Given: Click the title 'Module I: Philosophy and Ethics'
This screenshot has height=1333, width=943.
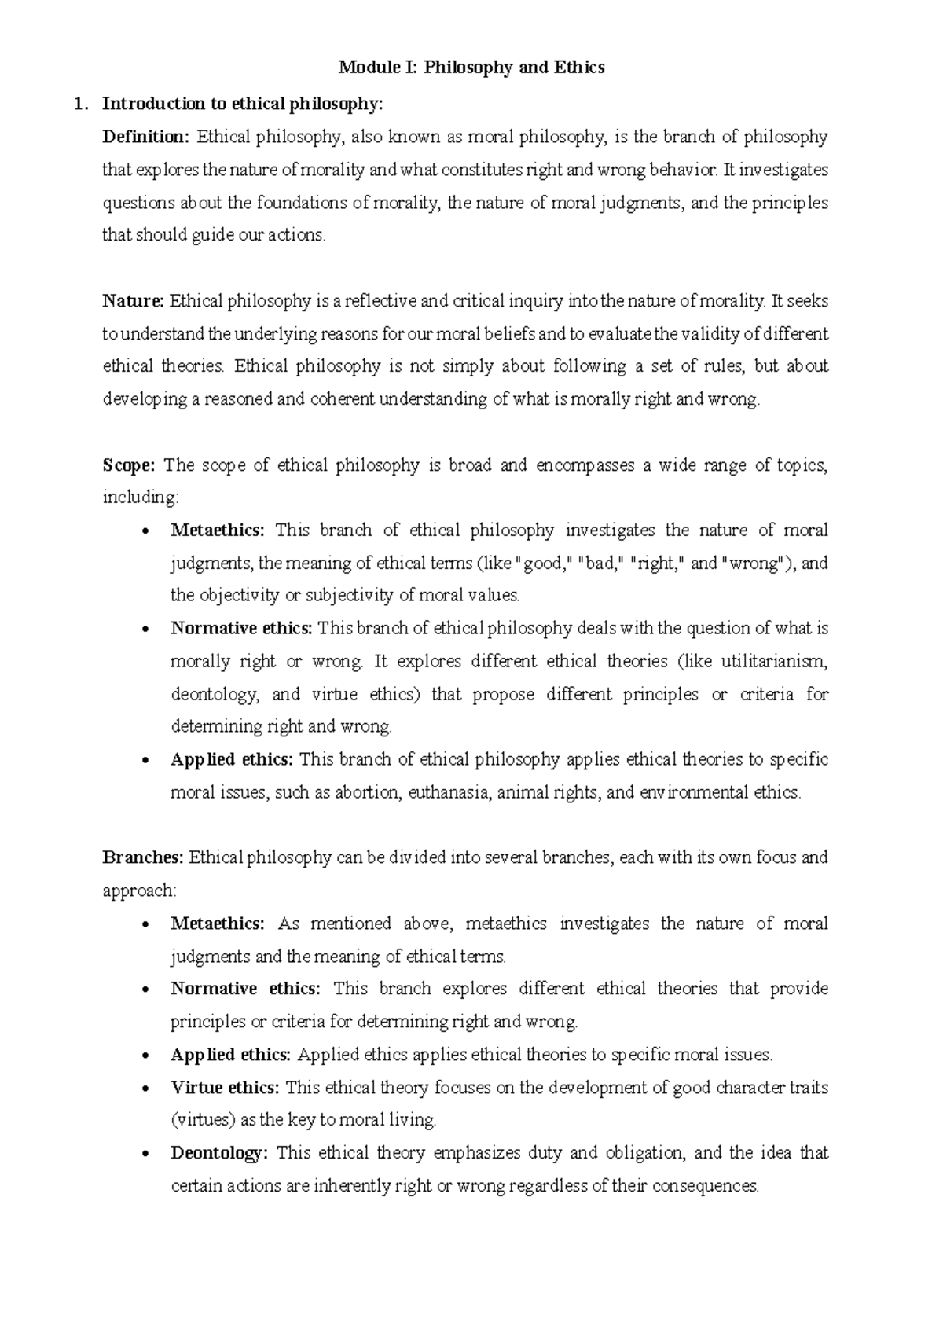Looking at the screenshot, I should click(x=471, y=68).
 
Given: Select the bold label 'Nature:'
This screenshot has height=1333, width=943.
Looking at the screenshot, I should click(x=133, y=301).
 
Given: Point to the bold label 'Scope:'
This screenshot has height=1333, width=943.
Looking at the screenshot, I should click(x=130, y=465).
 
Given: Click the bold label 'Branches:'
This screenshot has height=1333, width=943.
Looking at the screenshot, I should click(x=143, y=857).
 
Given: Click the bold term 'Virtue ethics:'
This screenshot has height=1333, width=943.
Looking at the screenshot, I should click(x=225, y=1088).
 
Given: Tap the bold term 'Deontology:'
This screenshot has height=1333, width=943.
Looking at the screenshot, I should click(x=219, y=1153).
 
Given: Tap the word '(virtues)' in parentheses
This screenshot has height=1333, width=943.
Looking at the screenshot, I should click(x=201, y=1120).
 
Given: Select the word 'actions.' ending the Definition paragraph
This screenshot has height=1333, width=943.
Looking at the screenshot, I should click(x=297, y=235).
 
